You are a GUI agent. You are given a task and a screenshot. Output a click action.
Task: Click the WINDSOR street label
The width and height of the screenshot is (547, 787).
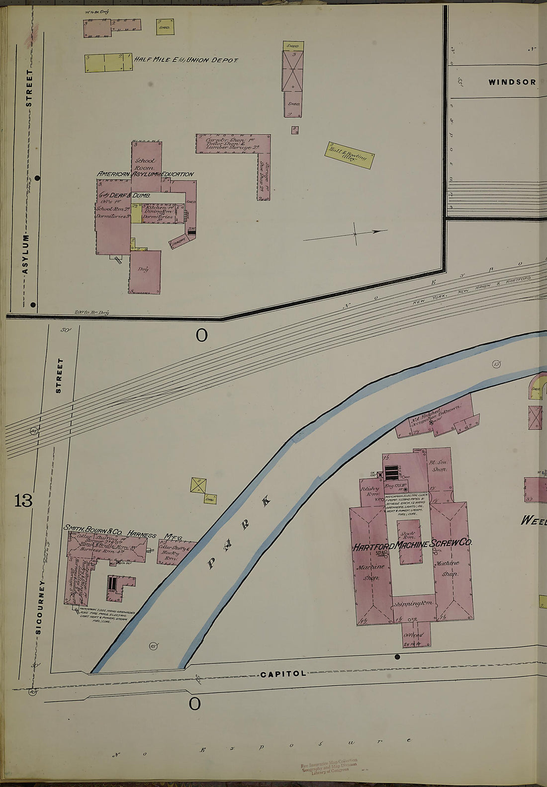click(512, 82)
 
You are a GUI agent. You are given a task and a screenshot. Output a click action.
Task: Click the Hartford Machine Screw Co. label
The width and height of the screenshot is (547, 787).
click(412, 545)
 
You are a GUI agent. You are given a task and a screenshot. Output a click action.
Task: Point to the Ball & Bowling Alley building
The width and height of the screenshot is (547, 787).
click(349, 155)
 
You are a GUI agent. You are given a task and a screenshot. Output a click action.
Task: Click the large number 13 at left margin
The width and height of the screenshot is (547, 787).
click(23, 500)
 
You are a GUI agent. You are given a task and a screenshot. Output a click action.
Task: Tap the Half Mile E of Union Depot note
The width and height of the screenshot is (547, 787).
click(186, 60)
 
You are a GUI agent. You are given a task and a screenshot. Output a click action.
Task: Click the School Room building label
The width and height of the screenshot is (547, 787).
click(145, 164)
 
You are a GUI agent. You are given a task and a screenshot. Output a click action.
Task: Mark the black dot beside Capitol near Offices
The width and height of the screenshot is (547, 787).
click(397, 657)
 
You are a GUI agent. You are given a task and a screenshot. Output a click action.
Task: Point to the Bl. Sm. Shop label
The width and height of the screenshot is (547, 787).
click(439, 466)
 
